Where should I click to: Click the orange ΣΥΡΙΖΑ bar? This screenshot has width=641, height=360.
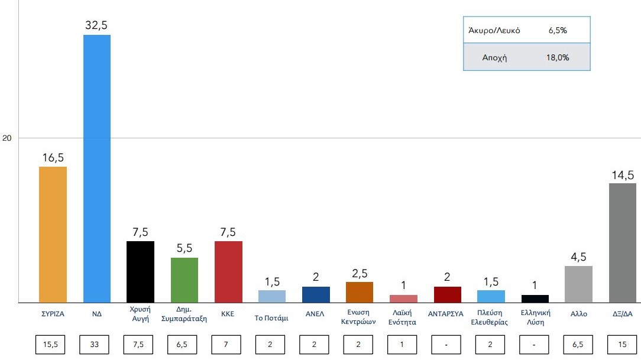[x=53, y=234]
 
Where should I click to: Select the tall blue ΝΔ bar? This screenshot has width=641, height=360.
[x=97, y=168]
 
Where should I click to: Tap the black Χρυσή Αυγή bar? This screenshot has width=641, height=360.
[x=141, y=271]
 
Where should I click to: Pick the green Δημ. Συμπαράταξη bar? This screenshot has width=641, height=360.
[x=184, y=280]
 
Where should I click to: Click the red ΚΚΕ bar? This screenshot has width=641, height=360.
[x=228, y=271]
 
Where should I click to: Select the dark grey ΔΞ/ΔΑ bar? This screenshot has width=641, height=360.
[x=623, y=242]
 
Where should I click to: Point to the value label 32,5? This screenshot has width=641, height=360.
[x=97, y=25]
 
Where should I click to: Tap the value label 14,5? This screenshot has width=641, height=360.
[x=623, y=174]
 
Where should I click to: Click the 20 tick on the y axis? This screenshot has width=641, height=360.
[x=7, y=138]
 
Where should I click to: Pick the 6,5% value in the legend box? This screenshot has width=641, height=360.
[x=558, y=31]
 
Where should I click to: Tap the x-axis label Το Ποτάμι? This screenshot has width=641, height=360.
[x=271, y=318]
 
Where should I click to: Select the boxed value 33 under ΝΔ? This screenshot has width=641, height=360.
[x=97, y=343]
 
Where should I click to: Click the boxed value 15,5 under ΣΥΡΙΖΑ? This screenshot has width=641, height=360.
[x=53, y=343]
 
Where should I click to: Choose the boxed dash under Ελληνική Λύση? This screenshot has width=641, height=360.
[x=535, y=343]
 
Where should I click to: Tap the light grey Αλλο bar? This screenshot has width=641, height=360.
[x=579, y=284]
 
